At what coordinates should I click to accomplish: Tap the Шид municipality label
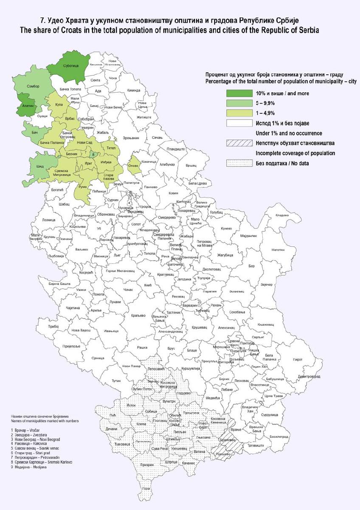pyautogui.click(x=40, y=167)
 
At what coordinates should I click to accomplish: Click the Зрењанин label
pyautogui.click(x=131, y=138)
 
